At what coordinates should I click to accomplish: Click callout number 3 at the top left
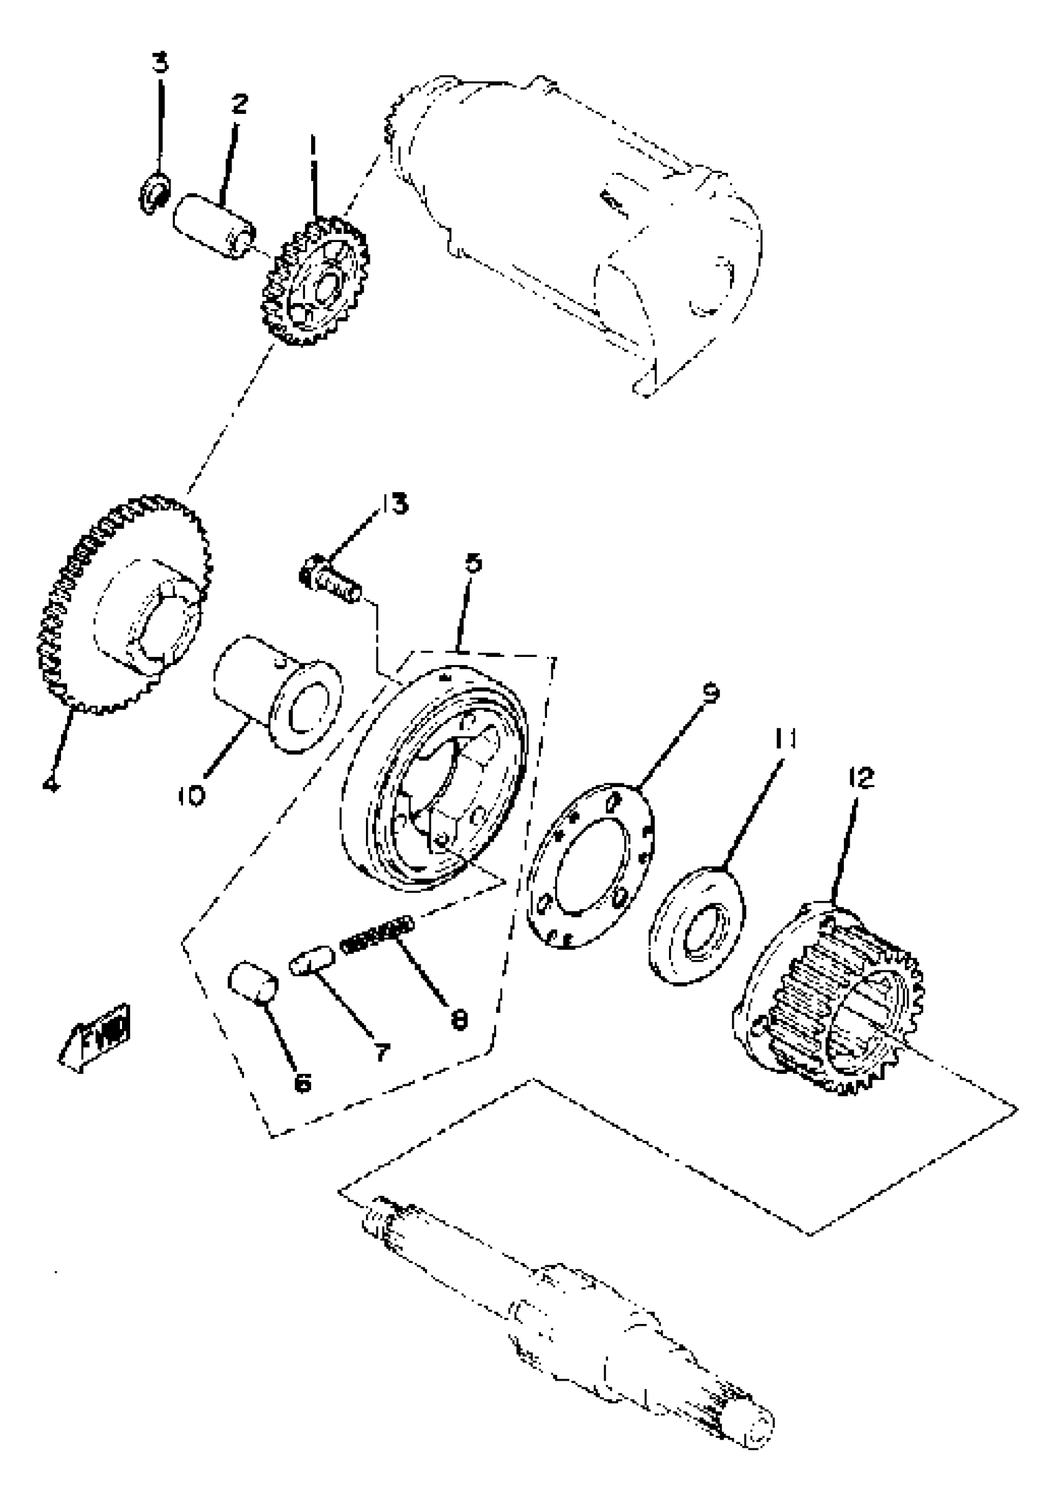160,63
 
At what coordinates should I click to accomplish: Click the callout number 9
710,693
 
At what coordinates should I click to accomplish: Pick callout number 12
861,778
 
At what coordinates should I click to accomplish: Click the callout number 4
50,783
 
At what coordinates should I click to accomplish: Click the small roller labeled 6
253,981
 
